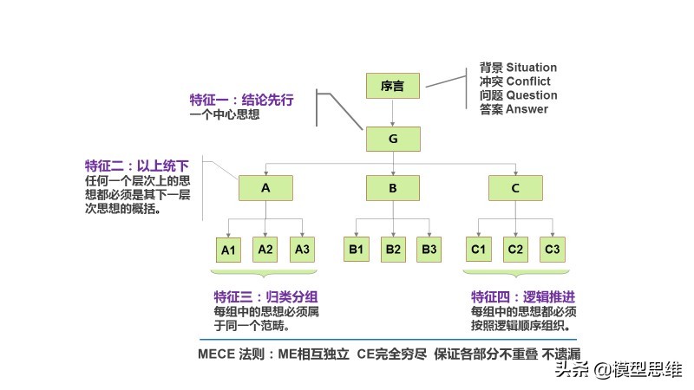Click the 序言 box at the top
(x=392, y=85)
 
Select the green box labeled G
(x=392, y=139)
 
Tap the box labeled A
(x=265, y=188)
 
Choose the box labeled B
(x=392, y=188)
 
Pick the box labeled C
(x=515, y=188)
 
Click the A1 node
(x=229, y=250)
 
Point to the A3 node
(x=302, y=250)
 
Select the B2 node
(x=393, y=250)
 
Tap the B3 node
(x=429, y=250)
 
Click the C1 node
(x=478, y=250)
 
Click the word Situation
(x=531, y=68)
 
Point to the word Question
(x=531, y=95)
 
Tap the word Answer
(x=527, y=109)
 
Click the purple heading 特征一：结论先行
(x=241, y=99)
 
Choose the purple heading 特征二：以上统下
(x=136, y=166)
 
